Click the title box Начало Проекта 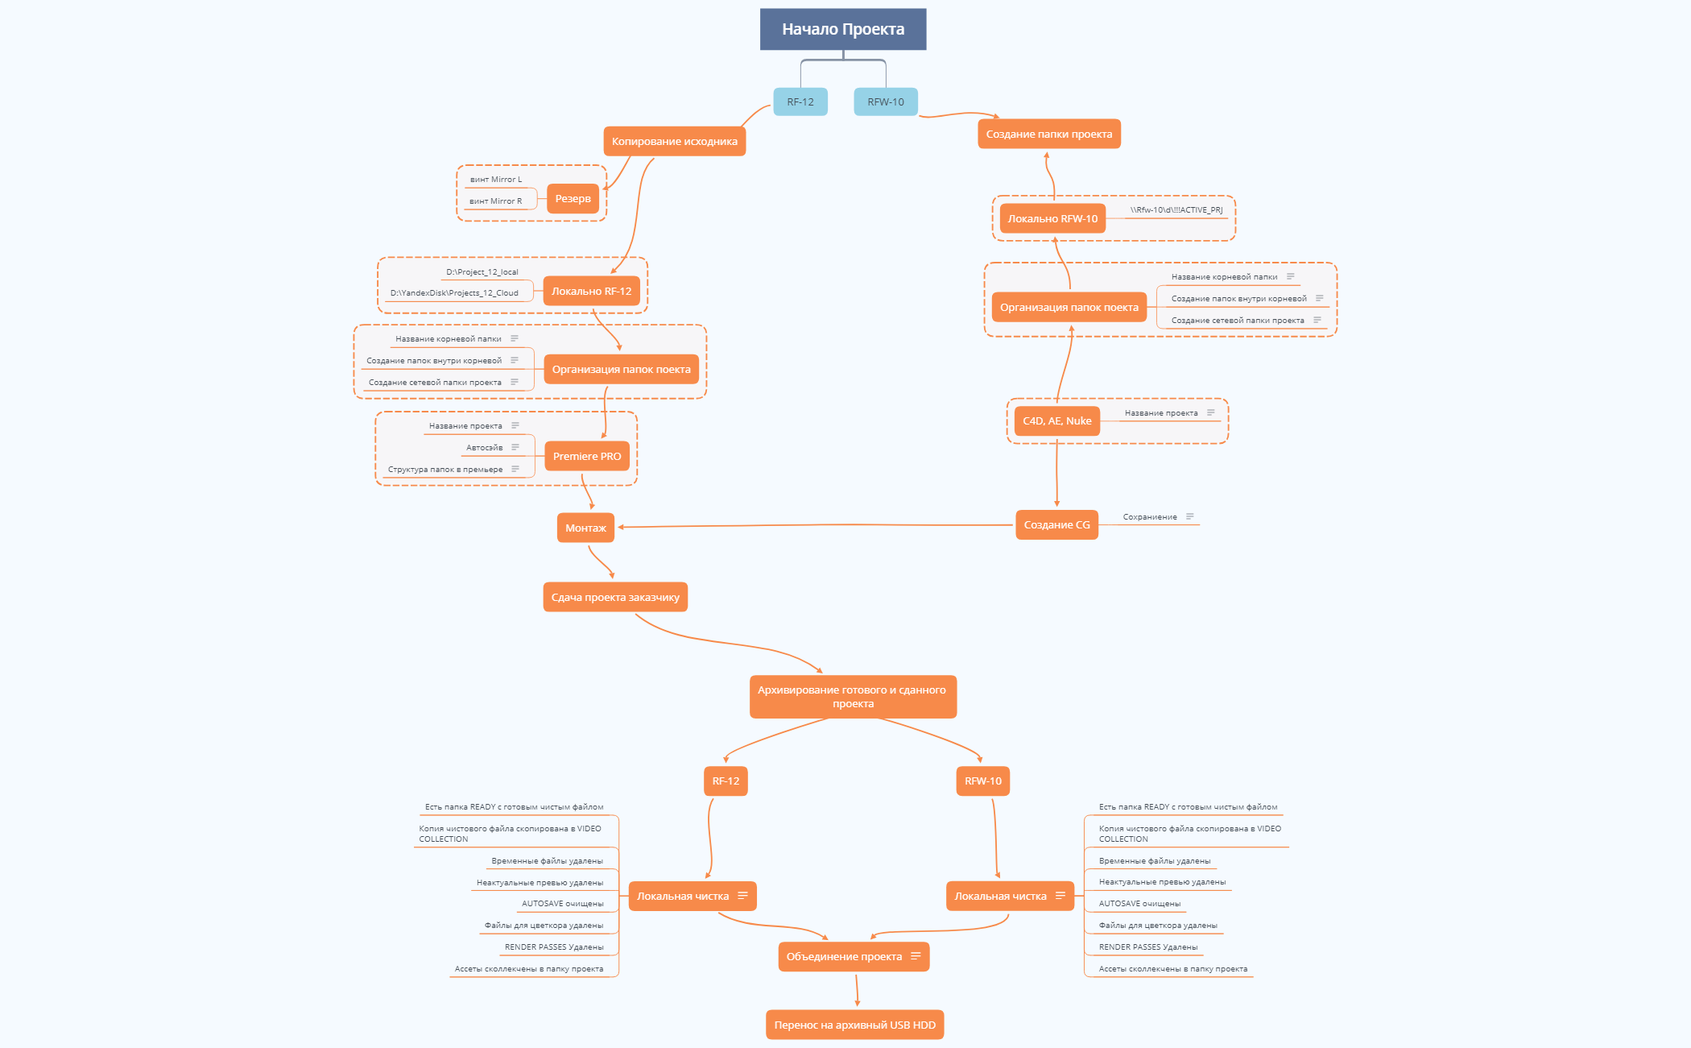pos(842,29)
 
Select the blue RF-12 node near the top pos(800,102)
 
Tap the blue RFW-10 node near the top pos(885,102)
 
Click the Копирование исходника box pos(674,142)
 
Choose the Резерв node pos(573,199)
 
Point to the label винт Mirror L pos(495,180)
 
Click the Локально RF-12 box pos(591,292)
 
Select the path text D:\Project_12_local pos(482,272)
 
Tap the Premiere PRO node pos(586,457)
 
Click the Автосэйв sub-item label pos(484,448)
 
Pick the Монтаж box pos(585,528)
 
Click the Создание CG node pos(1056,525)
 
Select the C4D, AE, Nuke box pos(1056,421)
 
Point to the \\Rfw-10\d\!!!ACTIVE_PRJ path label pos(1176,210)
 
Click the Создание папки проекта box pos(1048,135)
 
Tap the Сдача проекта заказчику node pos(615,598)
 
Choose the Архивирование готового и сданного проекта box pos(852,697)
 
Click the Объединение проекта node pos(844,957)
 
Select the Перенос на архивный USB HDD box pos(854,1025)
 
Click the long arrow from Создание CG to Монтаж pos(813,525)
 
